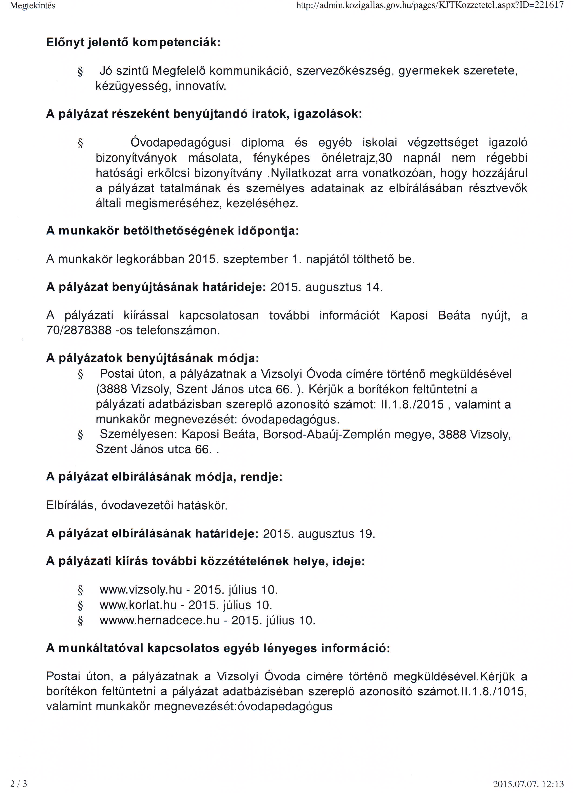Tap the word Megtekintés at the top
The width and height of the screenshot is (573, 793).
pos(33,6)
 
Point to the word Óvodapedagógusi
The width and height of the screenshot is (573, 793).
pos(180,143)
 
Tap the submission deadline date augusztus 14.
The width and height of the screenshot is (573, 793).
pos(344,287)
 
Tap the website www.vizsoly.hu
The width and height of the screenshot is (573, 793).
pos(141,590)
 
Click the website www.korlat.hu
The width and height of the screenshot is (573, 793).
pos(138,605)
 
